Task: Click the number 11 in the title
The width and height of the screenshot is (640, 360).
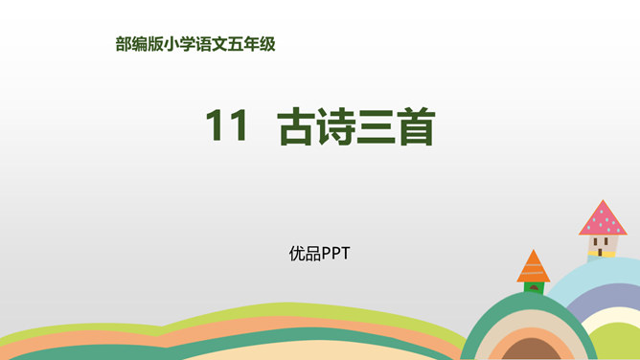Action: pyautogui.click(x=227, y=127)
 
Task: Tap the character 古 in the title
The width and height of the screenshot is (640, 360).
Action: pyautogui.click(x=297, y=127)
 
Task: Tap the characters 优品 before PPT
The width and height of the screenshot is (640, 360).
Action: pyautogui.click(x=305, y=254)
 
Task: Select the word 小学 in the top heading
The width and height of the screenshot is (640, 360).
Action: pyautogui.click(x=180, y=43)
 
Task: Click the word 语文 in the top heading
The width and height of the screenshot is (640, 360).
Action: pyautogui.click(x=213, y=43)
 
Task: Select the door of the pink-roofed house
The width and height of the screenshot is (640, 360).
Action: pyautogui.click(x=601, y=254)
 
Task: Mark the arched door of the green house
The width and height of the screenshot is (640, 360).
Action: pyautogui.click(x=534, y=287)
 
